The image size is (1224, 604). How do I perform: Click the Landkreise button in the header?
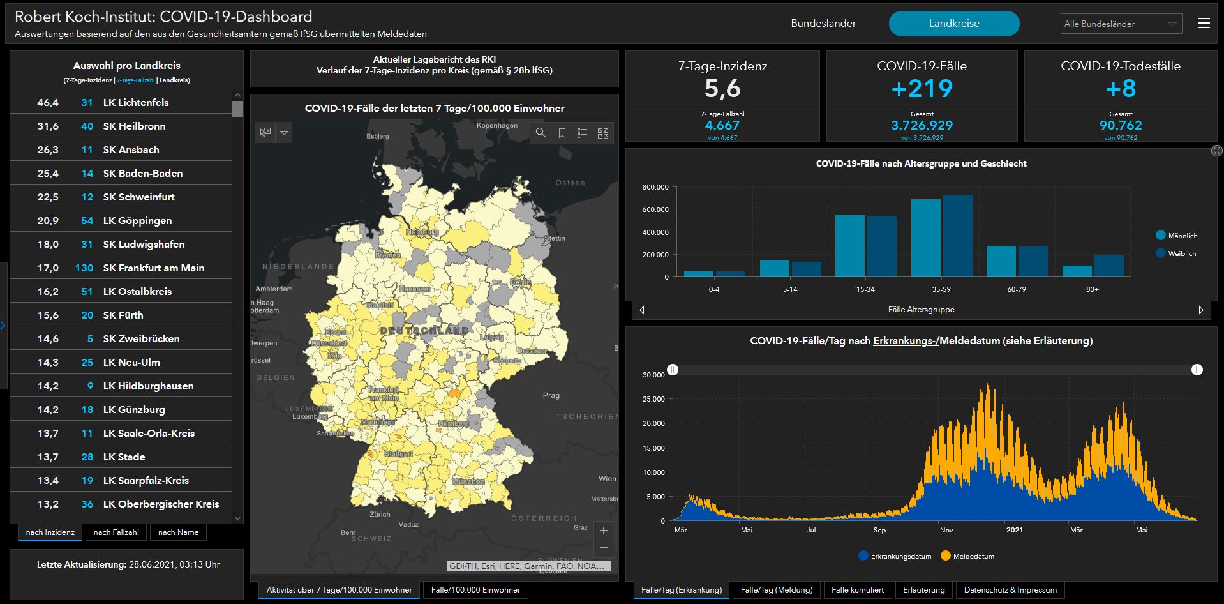[953, 24]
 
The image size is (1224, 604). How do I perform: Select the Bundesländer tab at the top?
[823, 24]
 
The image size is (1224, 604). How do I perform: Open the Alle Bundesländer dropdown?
[1121, 24]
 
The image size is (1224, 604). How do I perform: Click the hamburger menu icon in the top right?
[1204, 24]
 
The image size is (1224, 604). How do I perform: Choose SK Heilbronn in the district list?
[134, 126]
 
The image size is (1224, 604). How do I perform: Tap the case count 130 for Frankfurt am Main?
[84, 268]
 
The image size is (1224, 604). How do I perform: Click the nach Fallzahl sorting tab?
[116, 532]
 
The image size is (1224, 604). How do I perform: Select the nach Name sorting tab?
[178, 532]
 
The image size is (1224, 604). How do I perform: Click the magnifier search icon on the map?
[541, 133]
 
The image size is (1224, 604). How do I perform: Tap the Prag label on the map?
[551, 396]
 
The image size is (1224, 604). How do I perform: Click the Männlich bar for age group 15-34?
[849, 246]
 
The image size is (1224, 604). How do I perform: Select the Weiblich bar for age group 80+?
[1109, 266]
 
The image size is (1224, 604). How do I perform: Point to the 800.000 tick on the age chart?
[655, 187]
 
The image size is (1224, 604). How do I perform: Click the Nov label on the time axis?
[946, 530]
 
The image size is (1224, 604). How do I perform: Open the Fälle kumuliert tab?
[858, 590]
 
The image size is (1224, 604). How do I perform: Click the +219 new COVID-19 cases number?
[922, 89]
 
